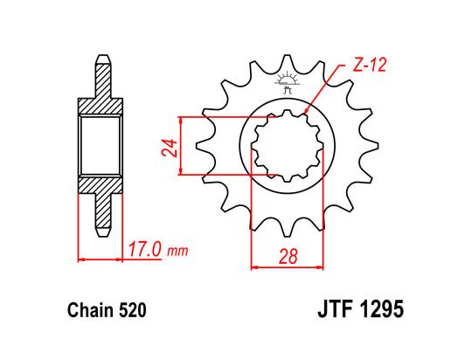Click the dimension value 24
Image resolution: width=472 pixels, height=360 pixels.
167,145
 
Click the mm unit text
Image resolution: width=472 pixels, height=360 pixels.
178,252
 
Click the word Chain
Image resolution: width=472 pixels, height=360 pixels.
85,309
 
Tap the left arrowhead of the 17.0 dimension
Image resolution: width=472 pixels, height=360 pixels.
81,260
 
